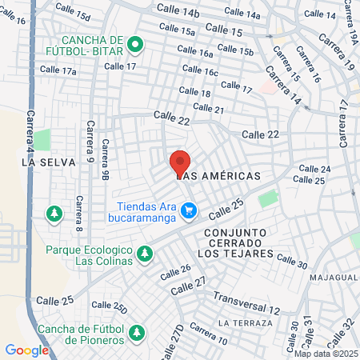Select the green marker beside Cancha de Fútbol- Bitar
[135, 45]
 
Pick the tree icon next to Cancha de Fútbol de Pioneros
[136, 331]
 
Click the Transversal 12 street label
[247, 303]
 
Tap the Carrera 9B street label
[105, 159]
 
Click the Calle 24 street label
[314, 169]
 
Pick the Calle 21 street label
[208, 109]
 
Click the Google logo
[26, 350]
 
